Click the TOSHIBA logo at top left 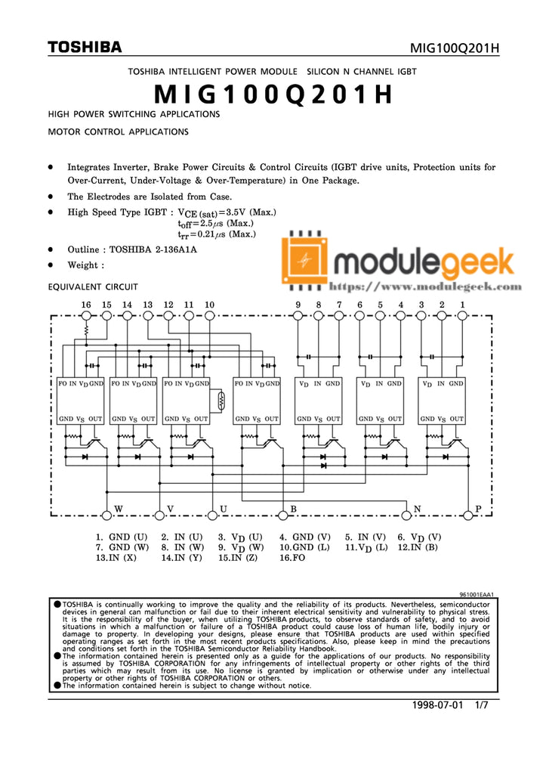pos(85,48)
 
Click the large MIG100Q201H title pos(273,95)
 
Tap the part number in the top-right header pos(455,49)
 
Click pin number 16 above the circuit pos(86,305)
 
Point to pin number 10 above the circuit pos(209,305)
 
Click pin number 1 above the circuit pos(462,305)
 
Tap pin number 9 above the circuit pos(298,305)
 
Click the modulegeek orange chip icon pos(305,261)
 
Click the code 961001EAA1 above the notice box pos(477,595)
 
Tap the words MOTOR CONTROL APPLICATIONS pos(118,131)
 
